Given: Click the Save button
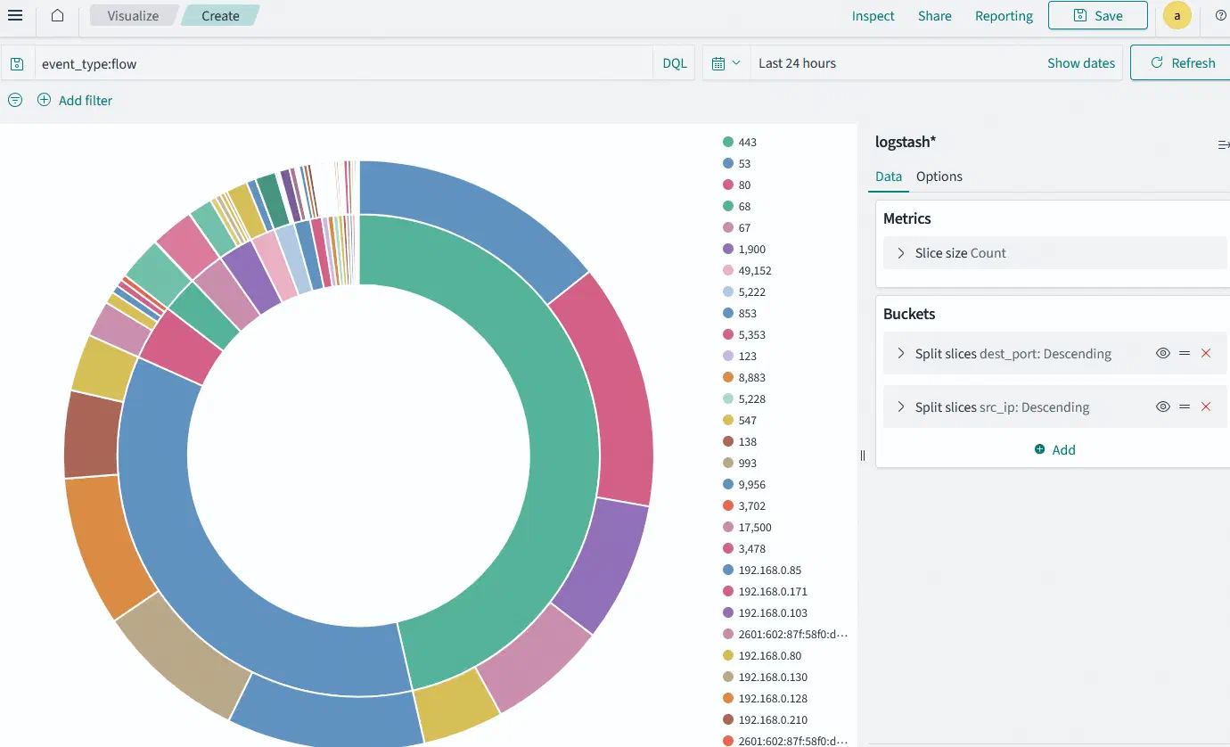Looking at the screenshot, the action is click(x=1097, y=15).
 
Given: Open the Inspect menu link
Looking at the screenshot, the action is click(x=873, y=15).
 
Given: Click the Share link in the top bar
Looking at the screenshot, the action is click(x=935, y=15).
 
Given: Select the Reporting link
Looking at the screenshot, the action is click(x=1004, y=15).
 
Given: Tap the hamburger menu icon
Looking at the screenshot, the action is click(x=15, y=15).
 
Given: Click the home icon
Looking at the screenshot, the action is click(x=58, y=15).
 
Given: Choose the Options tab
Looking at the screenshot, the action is click(x=939, y=176).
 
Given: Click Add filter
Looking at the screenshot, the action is click(x=75, y=100).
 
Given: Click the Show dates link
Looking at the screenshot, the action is click(x=1080, y=63).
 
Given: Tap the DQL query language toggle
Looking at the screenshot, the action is click(x=675, y=63).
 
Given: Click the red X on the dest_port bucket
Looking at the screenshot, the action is click(x=1206, y=353).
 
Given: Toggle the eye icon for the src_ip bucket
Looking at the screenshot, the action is click(x=1162, y=406).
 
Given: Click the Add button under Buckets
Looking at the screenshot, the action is click(x=1054, y=449).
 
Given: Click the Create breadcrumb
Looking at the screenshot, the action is click(x=220, y=15).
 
